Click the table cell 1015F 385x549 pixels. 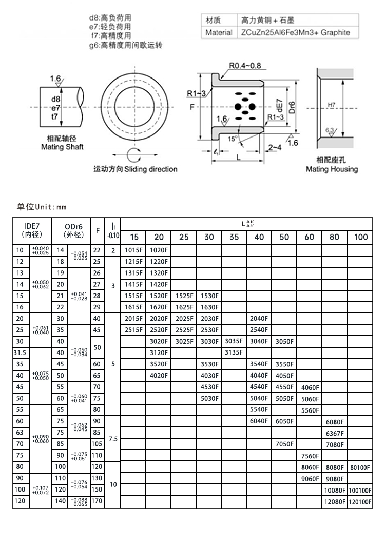(x=133, y=251)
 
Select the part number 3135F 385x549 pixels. (x=234, y=353)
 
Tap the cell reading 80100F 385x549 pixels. (x=360, y=467)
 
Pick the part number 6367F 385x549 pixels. (x=335, y=433)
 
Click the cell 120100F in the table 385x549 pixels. (x=360, y=502)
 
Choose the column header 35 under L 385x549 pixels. (x=234, y=237)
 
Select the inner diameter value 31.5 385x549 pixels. (x=21, y=353)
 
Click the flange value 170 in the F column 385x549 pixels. (x=97, y=502)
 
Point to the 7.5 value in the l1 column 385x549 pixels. (x=113, y=439)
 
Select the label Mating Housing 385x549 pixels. (x=332, y=169)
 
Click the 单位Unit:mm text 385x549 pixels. (x=42, y=207)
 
